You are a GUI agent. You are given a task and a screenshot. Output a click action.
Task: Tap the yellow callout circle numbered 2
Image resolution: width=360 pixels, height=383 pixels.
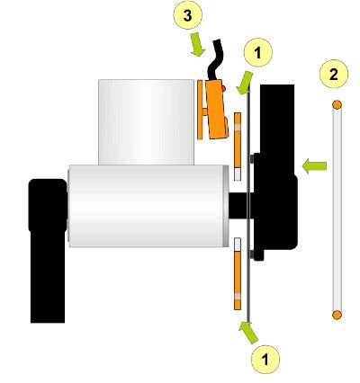334,76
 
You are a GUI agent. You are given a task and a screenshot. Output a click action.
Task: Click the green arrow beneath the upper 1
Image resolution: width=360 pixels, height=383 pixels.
245,84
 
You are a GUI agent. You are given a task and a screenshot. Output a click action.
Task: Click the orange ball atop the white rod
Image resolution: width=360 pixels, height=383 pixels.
336,106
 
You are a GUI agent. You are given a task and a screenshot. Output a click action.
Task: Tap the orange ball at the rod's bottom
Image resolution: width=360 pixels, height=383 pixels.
336,314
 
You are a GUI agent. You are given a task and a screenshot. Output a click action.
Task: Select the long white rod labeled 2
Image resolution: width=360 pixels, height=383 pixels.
336,211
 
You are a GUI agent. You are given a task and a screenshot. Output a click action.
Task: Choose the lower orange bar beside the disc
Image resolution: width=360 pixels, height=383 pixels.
237,274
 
